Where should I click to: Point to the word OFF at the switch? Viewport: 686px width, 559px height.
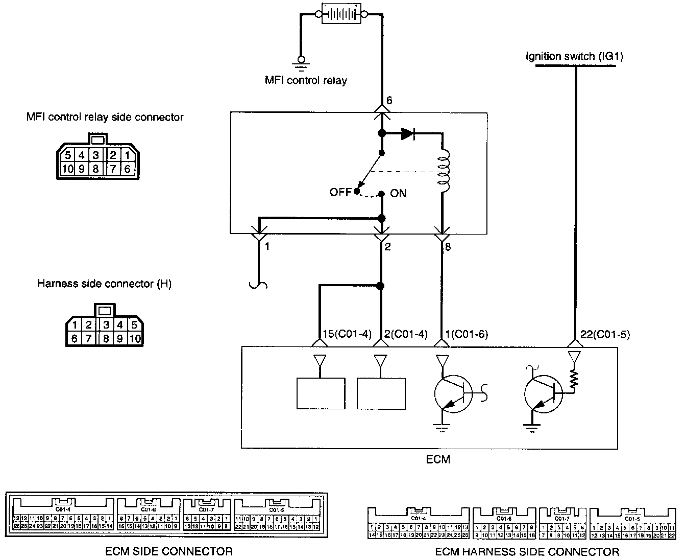(340, 193)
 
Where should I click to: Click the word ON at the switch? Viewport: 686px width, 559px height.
(398, 194)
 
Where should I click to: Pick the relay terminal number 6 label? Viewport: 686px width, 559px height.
(389, 101)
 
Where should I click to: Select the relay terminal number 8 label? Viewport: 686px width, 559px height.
(447, 247)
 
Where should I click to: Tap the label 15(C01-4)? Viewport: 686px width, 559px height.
(343, 335)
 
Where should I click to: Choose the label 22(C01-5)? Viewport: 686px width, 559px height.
(605, 335)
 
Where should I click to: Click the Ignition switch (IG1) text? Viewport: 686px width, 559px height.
(574, 56)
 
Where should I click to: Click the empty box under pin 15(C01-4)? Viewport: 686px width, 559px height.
(321, 393)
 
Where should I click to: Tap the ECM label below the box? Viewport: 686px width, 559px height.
(438, 459)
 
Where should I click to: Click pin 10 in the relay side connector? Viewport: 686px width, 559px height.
(67, 169)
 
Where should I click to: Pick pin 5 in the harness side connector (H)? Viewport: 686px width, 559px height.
(135, 324)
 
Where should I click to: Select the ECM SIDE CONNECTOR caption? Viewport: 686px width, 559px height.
(168, 551)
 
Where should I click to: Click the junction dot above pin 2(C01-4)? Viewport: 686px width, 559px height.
(380, 286)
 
